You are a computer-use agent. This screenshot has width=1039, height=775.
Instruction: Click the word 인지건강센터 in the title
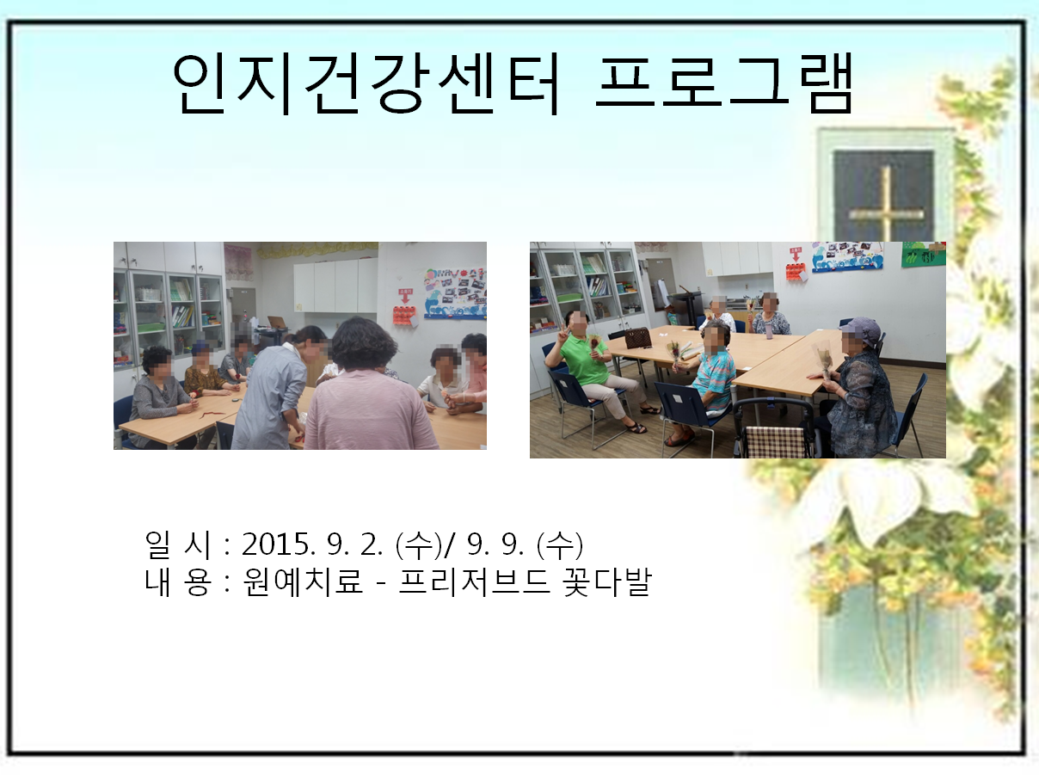(367, 83)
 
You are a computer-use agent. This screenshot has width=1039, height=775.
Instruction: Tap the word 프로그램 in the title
(724, 83)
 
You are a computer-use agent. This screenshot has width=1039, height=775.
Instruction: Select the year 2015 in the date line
(275, 544)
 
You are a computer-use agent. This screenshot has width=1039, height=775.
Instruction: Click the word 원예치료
(303, 581)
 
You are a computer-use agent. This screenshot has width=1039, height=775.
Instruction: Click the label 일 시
(177, 544)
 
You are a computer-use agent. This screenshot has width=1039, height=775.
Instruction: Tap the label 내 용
(177, 581)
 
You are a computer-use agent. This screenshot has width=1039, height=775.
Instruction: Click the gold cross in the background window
(886, 204)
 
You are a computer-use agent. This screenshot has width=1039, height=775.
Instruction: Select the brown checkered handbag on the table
(637, 337)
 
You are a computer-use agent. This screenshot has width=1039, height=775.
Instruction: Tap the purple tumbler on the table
(769, 329)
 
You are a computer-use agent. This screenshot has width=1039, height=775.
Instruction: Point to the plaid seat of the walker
(775, 441)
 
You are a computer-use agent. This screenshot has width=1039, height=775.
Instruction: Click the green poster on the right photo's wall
(923, 255)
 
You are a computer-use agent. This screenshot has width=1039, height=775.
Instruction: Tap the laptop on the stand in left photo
(276, 322)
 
